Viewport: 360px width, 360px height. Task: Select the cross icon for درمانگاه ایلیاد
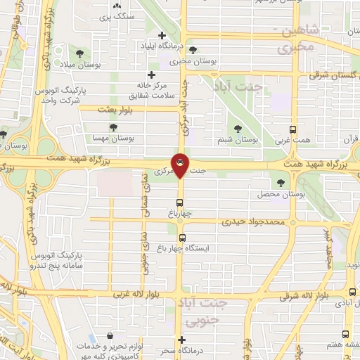162,35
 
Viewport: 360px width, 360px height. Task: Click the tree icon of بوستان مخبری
174,50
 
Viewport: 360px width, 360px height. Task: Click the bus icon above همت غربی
293,129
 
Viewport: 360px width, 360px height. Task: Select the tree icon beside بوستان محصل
281,183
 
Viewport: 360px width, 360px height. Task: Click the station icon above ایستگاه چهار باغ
181,238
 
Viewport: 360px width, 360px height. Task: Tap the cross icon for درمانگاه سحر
181,339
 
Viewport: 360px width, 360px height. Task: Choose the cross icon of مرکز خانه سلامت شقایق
151,75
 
